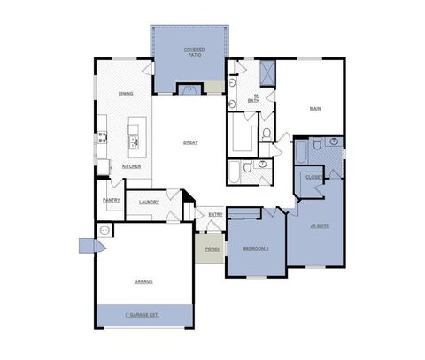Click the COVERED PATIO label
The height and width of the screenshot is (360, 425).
[x=194, y=51]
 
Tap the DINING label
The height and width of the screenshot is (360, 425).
[x=126, y=93]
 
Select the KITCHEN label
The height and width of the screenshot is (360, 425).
[x=131, y=166]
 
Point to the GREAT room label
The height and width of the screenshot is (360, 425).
[x=189, y=142]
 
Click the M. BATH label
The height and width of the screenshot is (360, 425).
[x=253, y=98]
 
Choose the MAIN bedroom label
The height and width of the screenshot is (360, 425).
[x=314, y=109]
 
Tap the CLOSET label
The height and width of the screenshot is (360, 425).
[x=313, y=176]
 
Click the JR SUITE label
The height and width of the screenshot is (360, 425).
[x=319, y=226]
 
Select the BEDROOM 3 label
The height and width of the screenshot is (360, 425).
[x=256, y=249]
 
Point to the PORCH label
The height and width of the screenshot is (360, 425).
[x=212, y=249]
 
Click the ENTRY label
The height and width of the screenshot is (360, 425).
[x=215, y=214]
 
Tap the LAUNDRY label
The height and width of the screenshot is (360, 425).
[x=149, y=202]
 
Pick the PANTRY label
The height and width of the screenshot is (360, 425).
[x=112, y=200]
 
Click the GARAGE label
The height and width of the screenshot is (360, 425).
[x=143, y=281]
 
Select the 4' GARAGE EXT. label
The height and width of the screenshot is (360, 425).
[x=143, y=314]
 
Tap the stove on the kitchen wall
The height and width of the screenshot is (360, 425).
[x=102, y=137]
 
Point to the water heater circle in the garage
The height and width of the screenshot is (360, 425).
[x=104, y=231]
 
